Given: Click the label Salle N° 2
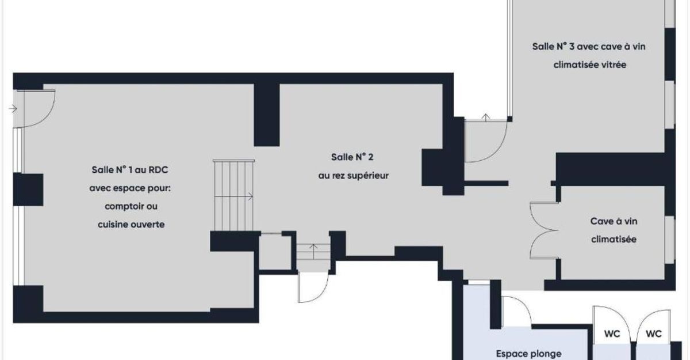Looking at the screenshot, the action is coord(352,157).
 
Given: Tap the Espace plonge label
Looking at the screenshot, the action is coord(528,354).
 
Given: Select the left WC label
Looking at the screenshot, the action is coord(612,334).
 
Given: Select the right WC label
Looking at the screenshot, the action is coord(654,334).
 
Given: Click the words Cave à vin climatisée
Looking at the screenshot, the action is coord(614,230).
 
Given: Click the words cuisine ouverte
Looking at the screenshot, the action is coord(131,224).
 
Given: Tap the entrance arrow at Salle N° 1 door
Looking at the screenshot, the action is coord(13,109).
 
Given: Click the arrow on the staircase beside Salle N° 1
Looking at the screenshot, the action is coord(234,196).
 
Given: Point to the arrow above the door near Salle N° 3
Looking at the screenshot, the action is coord(486,118).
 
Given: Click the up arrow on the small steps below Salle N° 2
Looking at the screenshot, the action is coord(313,251).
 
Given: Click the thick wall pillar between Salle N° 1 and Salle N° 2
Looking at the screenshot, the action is coord(267,115).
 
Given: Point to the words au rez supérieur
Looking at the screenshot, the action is coord(353,176).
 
